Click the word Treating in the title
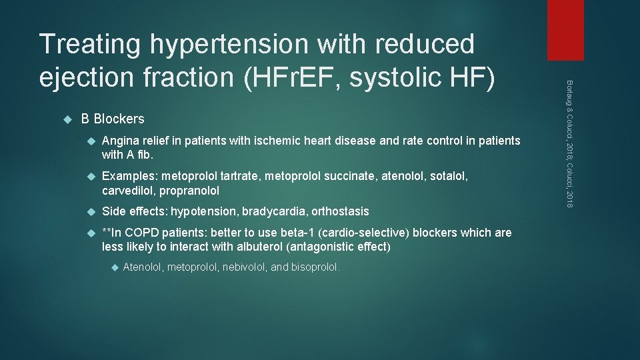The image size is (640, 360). (89, 45)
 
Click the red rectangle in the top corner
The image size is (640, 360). (565, 30)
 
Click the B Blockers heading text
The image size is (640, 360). (112, 119)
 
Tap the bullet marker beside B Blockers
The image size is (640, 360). (66, 119)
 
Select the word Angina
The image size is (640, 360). (120, 141)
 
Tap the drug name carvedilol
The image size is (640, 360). (127, 191)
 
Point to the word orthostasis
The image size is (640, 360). (340, 211)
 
